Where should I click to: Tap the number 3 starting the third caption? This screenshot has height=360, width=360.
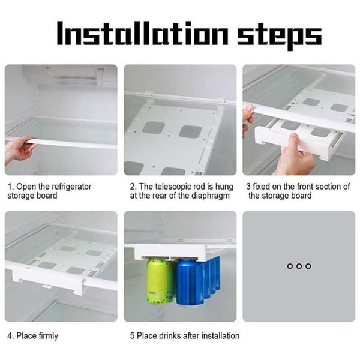248,187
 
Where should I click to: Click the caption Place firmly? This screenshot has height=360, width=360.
37,336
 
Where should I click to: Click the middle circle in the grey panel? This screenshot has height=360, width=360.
299,266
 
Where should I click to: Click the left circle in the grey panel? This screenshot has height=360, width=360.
290,266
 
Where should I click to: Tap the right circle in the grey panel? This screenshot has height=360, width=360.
308,266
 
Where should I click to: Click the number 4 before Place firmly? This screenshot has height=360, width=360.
10,336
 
